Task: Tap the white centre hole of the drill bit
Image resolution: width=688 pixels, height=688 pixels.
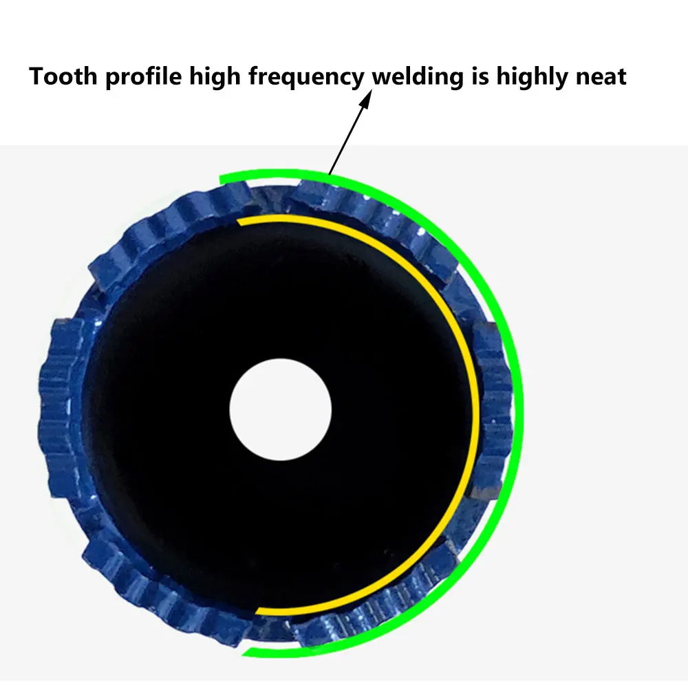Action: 281,410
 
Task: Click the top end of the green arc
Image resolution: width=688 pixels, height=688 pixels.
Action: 222,180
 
